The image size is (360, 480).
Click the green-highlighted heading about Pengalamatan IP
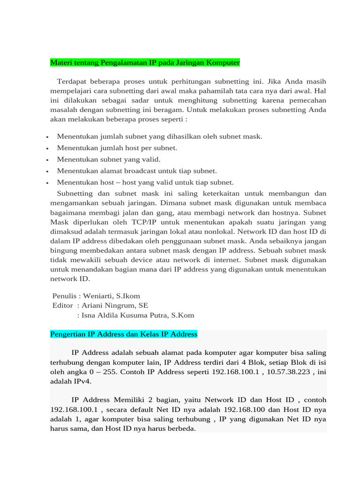click(x=145, y=62)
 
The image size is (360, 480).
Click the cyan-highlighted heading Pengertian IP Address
click(x=124, y=334)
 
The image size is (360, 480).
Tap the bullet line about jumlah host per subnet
click(x=117, y=148)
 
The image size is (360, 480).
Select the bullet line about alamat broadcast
click(x=136, y=171)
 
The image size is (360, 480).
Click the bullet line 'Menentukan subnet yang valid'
click(x=108, y=159)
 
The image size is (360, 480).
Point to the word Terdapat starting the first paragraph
click(x=72, y=81)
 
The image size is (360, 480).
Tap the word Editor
click(x=63, y=306)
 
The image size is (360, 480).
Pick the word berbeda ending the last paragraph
click(x=181, y=429)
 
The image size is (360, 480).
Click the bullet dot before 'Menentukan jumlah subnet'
click(x=48, y=137)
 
